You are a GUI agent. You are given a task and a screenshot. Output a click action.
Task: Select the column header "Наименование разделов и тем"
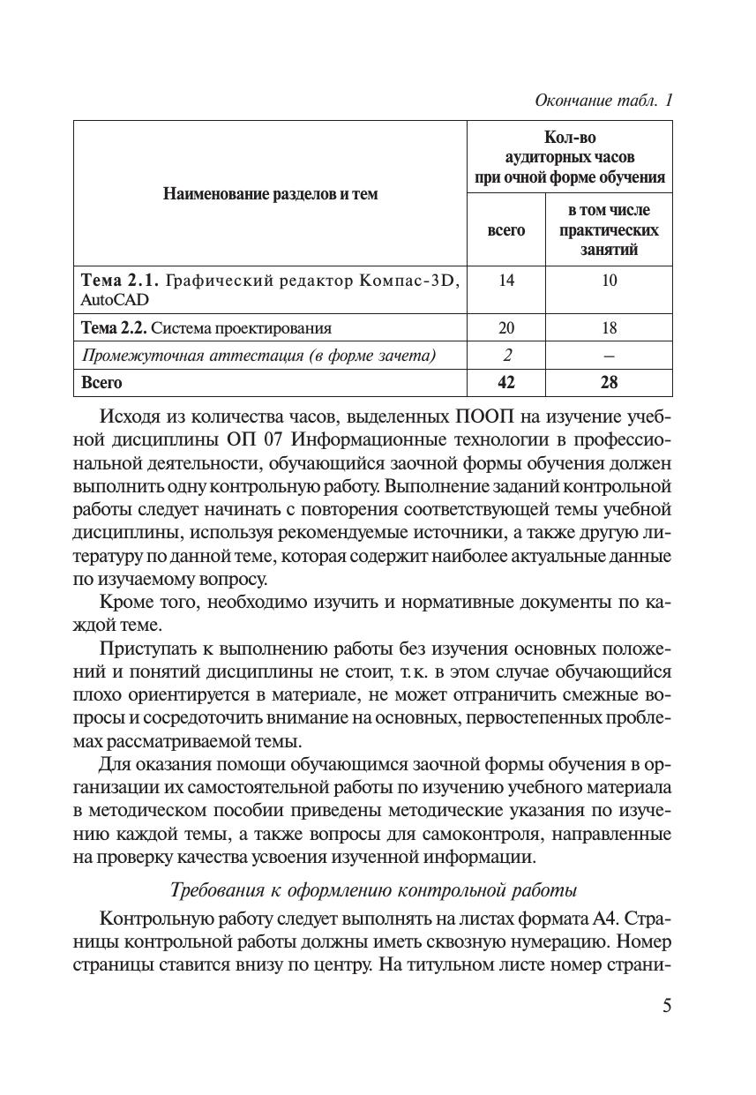point(270,194)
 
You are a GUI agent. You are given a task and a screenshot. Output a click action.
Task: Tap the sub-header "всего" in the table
point(505,230)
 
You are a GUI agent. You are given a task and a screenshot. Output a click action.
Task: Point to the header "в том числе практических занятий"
point(609,230)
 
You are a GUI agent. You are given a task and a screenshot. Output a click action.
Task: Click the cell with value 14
point(505,281)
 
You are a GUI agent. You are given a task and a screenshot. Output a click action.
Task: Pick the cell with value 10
point(609,281)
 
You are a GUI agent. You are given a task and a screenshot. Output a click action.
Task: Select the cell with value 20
point(505,328)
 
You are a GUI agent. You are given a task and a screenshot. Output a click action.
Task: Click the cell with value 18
point(609,328)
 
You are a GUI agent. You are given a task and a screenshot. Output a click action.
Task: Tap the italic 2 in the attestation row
point(506,356)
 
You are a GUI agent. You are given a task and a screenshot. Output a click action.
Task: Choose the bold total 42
point(505,383)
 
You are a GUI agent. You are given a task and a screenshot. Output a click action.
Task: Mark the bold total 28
point(609,383)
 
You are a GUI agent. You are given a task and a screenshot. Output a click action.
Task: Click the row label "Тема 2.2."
point(114,328)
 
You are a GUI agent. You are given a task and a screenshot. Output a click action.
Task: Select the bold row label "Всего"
point(101,383)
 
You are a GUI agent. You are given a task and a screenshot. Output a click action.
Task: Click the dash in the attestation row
point(609,356)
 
